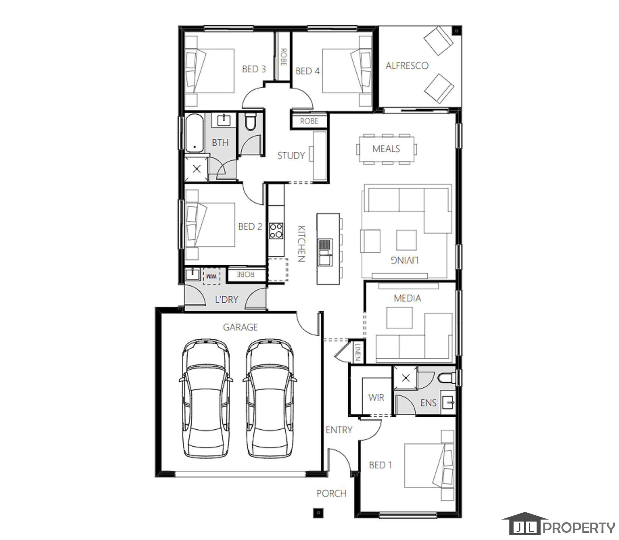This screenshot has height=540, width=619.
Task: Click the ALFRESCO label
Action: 407,66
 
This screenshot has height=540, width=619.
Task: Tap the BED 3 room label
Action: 254,69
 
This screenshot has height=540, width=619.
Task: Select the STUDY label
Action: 291,155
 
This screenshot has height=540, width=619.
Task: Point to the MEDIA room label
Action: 407,298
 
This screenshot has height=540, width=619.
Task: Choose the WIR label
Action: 376,397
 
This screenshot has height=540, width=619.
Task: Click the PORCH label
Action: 331,493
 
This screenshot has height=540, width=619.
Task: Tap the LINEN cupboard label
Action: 358,352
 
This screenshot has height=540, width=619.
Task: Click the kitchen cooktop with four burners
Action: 276,231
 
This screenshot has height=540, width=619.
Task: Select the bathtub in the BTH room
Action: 194,133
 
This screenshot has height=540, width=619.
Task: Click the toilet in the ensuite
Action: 447,378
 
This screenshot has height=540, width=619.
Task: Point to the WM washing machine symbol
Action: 212,276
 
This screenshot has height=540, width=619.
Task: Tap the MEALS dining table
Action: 386,149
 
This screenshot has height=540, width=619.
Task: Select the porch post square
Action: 318,513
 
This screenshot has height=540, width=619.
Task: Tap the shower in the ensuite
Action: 405,378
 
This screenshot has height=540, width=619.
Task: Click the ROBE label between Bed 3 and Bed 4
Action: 283,57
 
